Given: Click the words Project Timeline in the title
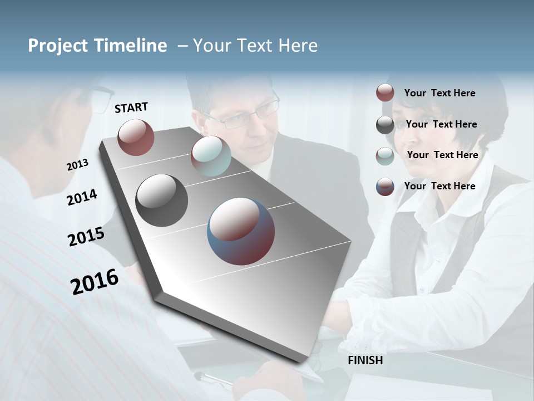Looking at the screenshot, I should point(97,46).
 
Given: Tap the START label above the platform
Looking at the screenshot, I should point(131,107).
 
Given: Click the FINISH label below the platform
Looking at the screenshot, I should point(365,360).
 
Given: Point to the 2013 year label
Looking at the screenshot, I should point(77,165).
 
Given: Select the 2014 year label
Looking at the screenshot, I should point(82,197).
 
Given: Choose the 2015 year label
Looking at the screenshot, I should point(86,236).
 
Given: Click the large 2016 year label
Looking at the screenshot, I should point(95,281).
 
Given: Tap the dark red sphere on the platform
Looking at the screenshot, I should point(136,137).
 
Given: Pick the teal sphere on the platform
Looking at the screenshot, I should point(211,156).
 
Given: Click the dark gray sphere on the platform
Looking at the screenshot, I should point(162,200).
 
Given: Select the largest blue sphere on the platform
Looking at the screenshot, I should point(241,231).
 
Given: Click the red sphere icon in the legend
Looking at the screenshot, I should point(385,93).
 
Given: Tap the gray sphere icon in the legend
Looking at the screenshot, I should point(385,125).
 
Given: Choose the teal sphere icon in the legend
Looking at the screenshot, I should point(385,156).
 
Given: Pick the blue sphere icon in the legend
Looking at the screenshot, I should point(385,187).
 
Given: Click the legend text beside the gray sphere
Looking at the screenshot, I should point(441,124).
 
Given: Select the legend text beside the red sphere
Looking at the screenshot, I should point(439,93).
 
